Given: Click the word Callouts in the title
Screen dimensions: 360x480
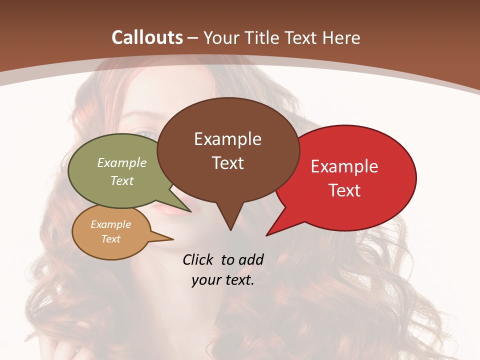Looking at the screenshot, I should (147, 37).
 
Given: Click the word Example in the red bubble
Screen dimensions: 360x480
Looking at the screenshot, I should (344, 166).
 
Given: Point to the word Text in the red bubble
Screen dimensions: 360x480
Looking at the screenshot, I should (345, 190).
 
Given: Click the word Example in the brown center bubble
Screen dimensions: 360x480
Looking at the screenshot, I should (227, 139).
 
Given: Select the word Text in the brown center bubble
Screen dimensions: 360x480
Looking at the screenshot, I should (228, 163).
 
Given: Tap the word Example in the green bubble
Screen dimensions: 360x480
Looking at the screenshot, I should (122, 162).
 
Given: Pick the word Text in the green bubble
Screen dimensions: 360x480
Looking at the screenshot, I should (122, 180).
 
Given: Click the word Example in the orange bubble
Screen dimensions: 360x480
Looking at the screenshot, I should (110, 224).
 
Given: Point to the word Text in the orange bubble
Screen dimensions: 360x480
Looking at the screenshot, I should (111, 239).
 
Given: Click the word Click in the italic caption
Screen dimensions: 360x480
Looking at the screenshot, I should (198, 259).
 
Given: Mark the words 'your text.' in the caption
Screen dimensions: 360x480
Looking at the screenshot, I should (223, 280).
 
